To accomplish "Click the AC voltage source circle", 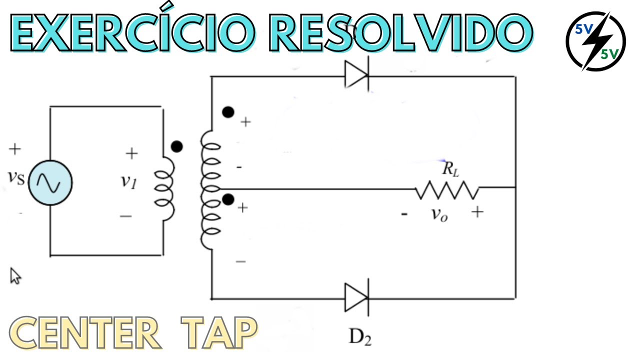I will pyautogui.click(x=50, y=182).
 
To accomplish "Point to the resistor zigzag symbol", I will pyautogui.click(x=446, y=189).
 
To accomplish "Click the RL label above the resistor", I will pyautogui.click(x=448, y=169).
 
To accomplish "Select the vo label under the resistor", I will pyautogui.click(x=439, y=214).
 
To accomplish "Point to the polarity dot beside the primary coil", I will pyautogui.click(x=176, y=146).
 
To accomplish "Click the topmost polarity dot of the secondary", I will pyautogui.click(x=228, y=112).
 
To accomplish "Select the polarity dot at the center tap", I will pyautogui.click(x=228, y=200).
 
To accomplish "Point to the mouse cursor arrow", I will pyautogui.click(x=15, y=275).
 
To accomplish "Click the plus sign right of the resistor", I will pyautogui.click(x=477, y=212).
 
